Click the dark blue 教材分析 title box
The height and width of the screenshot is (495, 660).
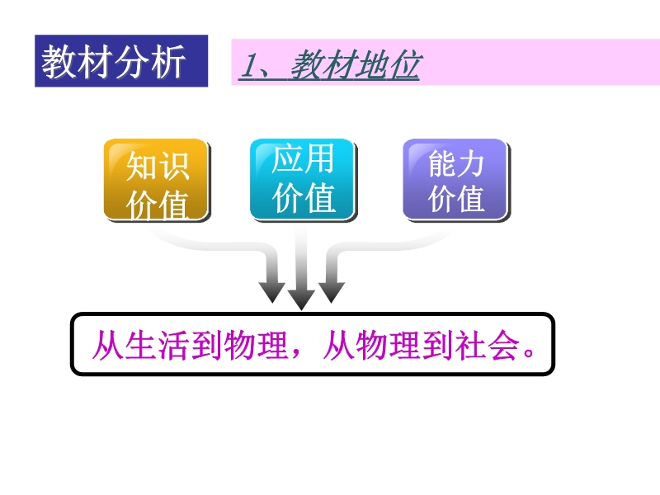[x=121, y=61]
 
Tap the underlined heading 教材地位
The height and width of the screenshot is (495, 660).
[x=356, y=65]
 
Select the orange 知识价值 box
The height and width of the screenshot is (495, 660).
[x=157, y=180]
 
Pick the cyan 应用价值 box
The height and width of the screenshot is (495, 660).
[x=303, y=180]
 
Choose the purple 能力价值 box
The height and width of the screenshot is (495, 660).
[x=456, y=180]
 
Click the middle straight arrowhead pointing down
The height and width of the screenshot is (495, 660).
[x=301, y=299]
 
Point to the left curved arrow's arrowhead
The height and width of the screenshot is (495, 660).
[x=272, y=292]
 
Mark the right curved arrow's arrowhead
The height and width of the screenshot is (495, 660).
[x=332, y=292]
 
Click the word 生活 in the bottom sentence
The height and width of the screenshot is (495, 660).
[x=157, y=345]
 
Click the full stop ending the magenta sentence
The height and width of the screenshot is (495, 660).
[x=529, y=352]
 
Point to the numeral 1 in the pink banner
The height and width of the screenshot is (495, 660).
[x=248, y=65]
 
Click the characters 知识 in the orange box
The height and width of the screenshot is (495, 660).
[x=158, y=166]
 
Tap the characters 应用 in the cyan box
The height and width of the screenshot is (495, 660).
[x=303, y=158]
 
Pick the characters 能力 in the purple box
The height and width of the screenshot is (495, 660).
[x=456, y=163]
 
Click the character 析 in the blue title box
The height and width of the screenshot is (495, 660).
[x=168, y=61]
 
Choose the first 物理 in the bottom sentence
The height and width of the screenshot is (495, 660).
[x=257, y=345]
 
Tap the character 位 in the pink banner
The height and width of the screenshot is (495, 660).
[x=404, y=65]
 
